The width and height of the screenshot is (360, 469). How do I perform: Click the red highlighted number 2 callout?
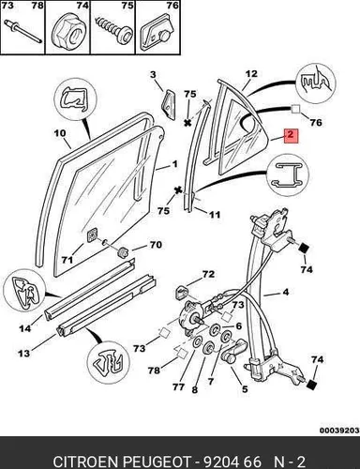291,135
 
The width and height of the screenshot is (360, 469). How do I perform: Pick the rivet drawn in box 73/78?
22,32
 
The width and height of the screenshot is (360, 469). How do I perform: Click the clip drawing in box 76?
156,36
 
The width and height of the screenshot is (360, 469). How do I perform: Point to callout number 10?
60,133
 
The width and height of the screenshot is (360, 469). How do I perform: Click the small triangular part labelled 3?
169,105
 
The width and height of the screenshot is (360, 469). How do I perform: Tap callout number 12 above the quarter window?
251,74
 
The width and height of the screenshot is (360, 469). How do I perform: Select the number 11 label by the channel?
214,215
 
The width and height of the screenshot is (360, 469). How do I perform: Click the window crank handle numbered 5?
236,351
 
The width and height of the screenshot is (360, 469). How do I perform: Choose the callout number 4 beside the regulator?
286,293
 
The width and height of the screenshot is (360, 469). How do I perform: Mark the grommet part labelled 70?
124,252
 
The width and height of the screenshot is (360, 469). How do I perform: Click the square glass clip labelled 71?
93,236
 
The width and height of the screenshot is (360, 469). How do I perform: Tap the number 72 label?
208,275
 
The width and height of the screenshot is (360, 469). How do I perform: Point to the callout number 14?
25,328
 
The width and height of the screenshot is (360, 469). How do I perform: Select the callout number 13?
23,354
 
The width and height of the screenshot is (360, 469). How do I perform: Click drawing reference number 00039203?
339,431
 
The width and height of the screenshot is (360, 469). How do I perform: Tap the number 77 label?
178,387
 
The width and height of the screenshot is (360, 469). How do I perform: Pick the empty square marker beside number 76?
295,109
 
